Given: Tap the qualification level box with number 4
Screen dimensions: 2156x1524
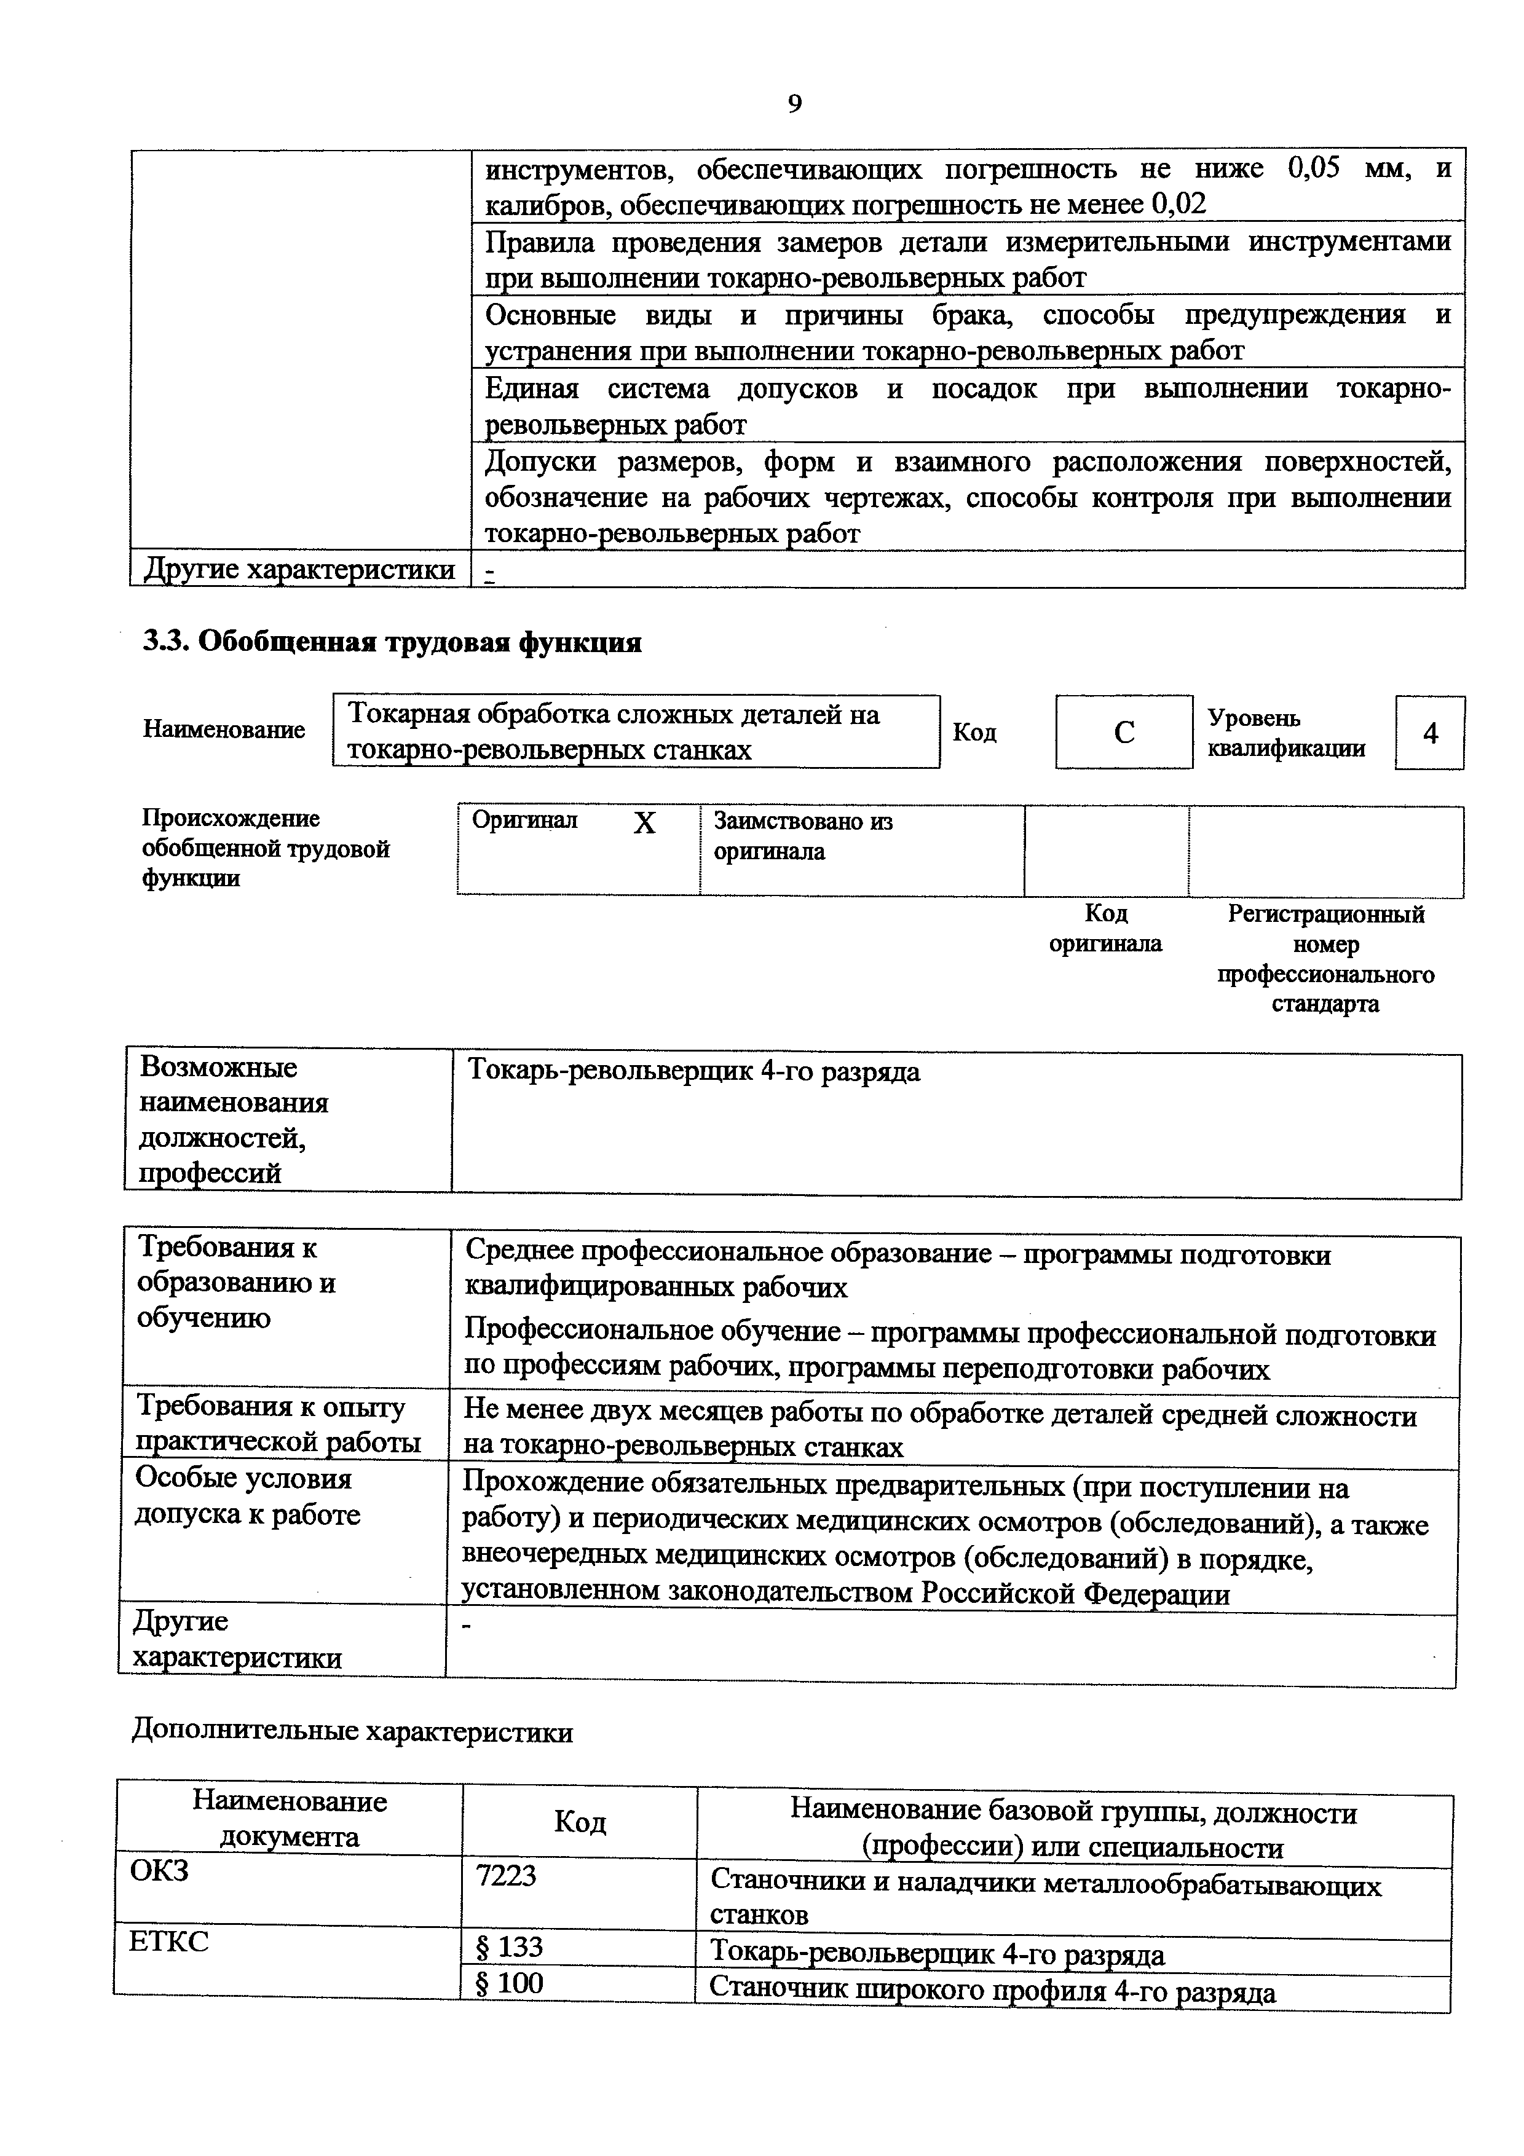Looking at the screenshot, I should pos(1429,733).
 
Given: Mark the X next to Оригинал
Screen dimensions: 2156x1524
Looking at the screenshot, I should pos(644,824).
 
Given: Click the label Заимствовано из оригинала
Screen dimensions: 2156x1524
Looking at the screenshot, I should pos(803,836).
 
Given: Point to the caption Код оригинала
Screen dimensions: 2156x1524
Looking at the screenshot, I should pos(1105,928).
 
